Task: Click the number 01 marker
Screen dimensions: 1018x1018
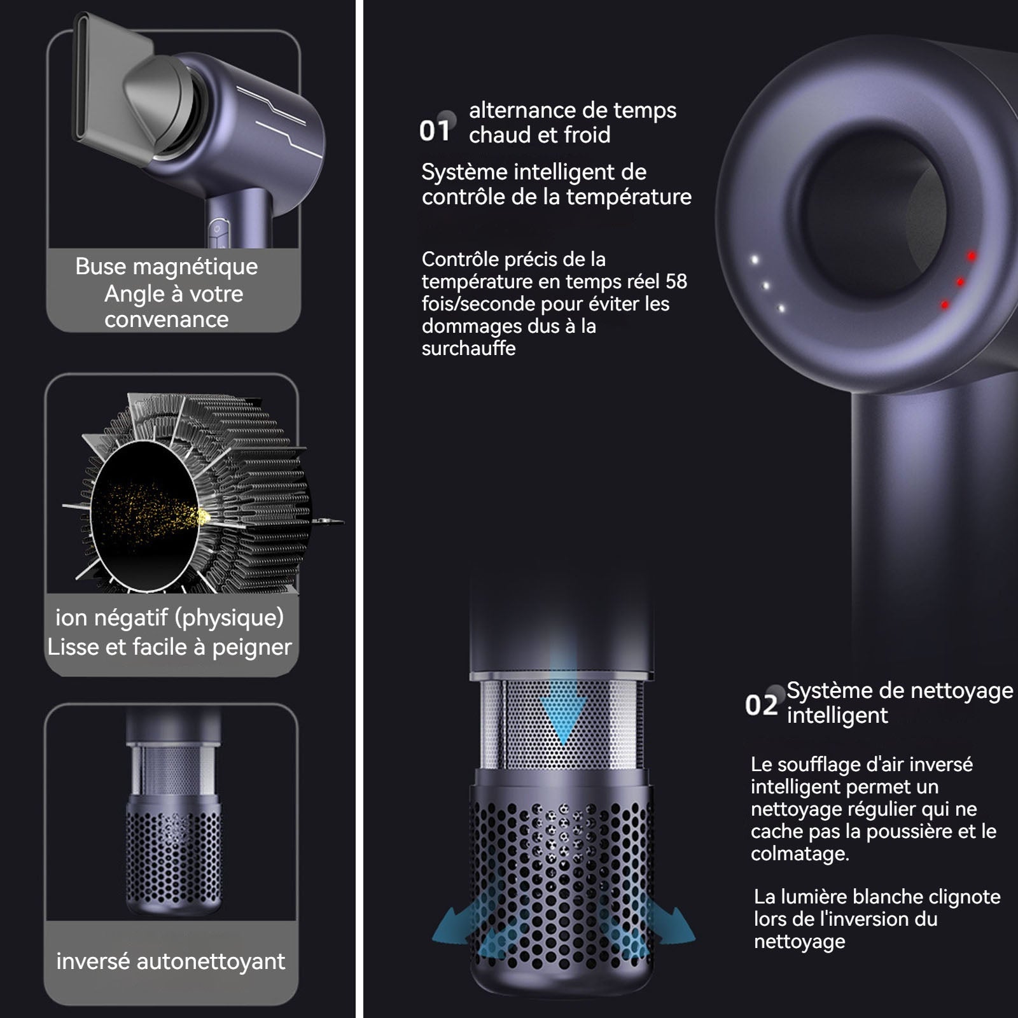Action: click(435, 130)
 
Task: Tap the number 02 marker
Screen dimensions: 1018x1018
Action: click(761, 705)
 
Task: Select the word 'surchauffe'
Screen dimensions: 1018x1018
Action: click(468, 349)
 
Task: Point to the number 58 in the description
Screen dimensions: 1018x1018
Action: click(676, 281)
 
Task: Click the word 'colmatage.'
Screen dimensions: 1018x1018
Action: click(800, 854)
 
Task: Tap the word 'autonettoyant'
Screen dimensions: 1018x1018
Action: click(211, 961)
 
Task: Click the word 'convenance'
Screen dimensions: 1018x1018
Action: click(166, 320)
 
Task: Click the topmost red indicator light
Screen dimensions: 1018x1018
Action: click(972, 256)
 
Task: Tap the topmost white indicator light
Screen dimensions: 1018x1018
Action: click(755, 260)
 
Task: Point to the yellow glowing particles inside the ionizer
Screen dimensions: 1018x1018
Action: click(159, 509)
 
